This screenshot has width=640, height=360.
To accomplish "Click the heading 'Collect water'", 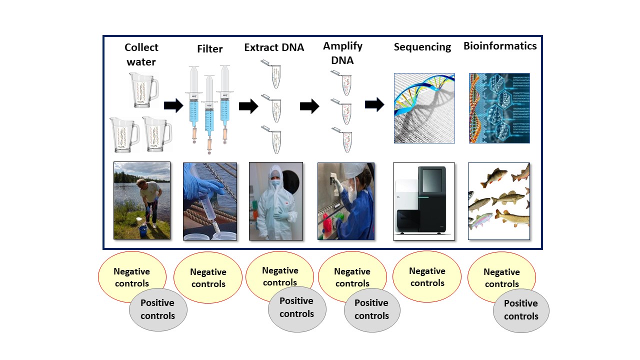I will pyautogui.click(x=141, y=54).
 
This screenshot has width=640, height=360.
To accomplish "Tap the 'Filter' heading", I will pyautogui.click(x=210, y=49).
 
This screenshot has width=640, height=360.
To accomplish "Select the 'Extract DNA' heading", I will pyautogui.click(x=274, y=47).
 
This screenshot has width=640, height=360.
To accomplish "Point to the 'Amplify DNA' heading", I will pyautogui.click(x=342, y=53).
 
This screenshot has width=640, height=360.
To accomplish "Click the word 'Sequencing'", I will pyautogui.click(x=422, y=47).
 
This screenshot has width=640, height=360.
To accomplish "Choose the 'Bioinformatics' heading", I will pyautogui.click(x=500, y=46).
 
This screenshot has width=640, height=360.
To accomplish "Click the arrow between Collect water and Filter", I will pyautogui.click(x=173, y=105).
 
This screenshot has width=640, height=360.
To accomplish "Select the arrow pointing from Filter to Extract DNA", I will pyautogui.click(x=248, y=106).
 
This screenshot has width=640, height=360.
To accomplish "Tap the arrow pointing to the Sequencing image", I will pyautogui.click(x=374, y=104).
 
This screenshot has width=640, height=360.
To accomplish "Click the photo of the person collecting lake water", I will pyautogui.click(x=142, y=200).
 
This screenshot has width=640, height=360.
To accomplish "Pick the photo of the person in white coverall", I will pyautogui.click(x=276, y=201).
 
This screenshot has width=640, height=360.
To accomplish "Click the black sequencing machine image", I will pyautogui.click(x=424, y=201).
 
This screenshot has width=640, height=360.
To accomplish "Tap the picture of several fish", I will pyautogui.click(x=499, y=201).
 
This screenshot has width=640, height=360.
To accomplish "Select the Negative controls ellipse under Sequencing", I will pyautogui.click(x=427, y=276).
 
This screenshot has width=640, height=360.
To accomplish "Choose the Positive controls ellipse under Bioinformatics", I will pyautogui.click(x=521, y=310).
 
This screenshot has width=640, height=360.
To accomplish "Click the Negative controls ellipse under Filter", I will pyautogui.click(x=208, y=277).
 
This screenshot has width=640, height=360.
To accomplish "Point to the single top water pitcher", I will pyautogui.click(x=143, y=90).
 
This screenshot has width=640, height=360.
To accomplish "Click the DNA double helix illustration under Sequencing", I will pyautogui.click(x=424, y=108).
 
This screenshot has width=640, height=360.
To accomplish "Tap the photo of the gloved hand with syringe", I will pyautogui.click(x=210, y=201).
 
